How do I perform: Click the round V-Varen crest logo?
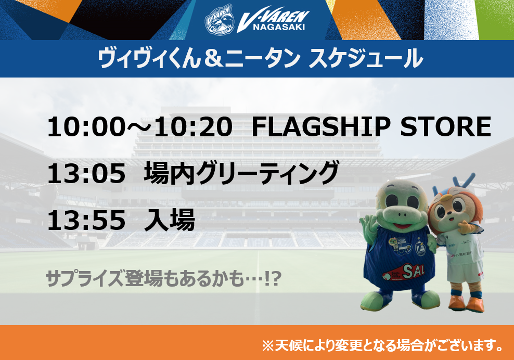click(x=220, y=20)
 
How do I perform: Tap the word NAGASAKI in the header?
click(x=279, y=27)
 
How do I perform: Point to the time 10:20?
click(x=193, y=127)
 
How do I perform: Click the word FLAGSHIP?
click(x=320, y=127)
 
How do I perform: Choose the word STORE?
click(x=445, y=127)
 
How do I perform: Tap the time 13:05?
click(x=86, y=174)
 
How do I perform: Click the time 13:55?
click(x=86, y=221)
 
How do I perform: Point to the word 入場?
click(x=170, y=220)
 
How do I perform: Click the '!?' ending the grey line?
click(x=273, y=279)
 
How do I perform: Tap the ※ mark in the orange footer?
click(x=268, y=345)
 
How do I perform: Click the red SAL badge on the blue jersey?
click(x=404, y=272)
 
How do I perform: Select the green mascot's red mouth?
click(x=403, y=226)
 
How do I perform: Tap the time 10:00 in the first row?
click(x=86, y=127)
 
